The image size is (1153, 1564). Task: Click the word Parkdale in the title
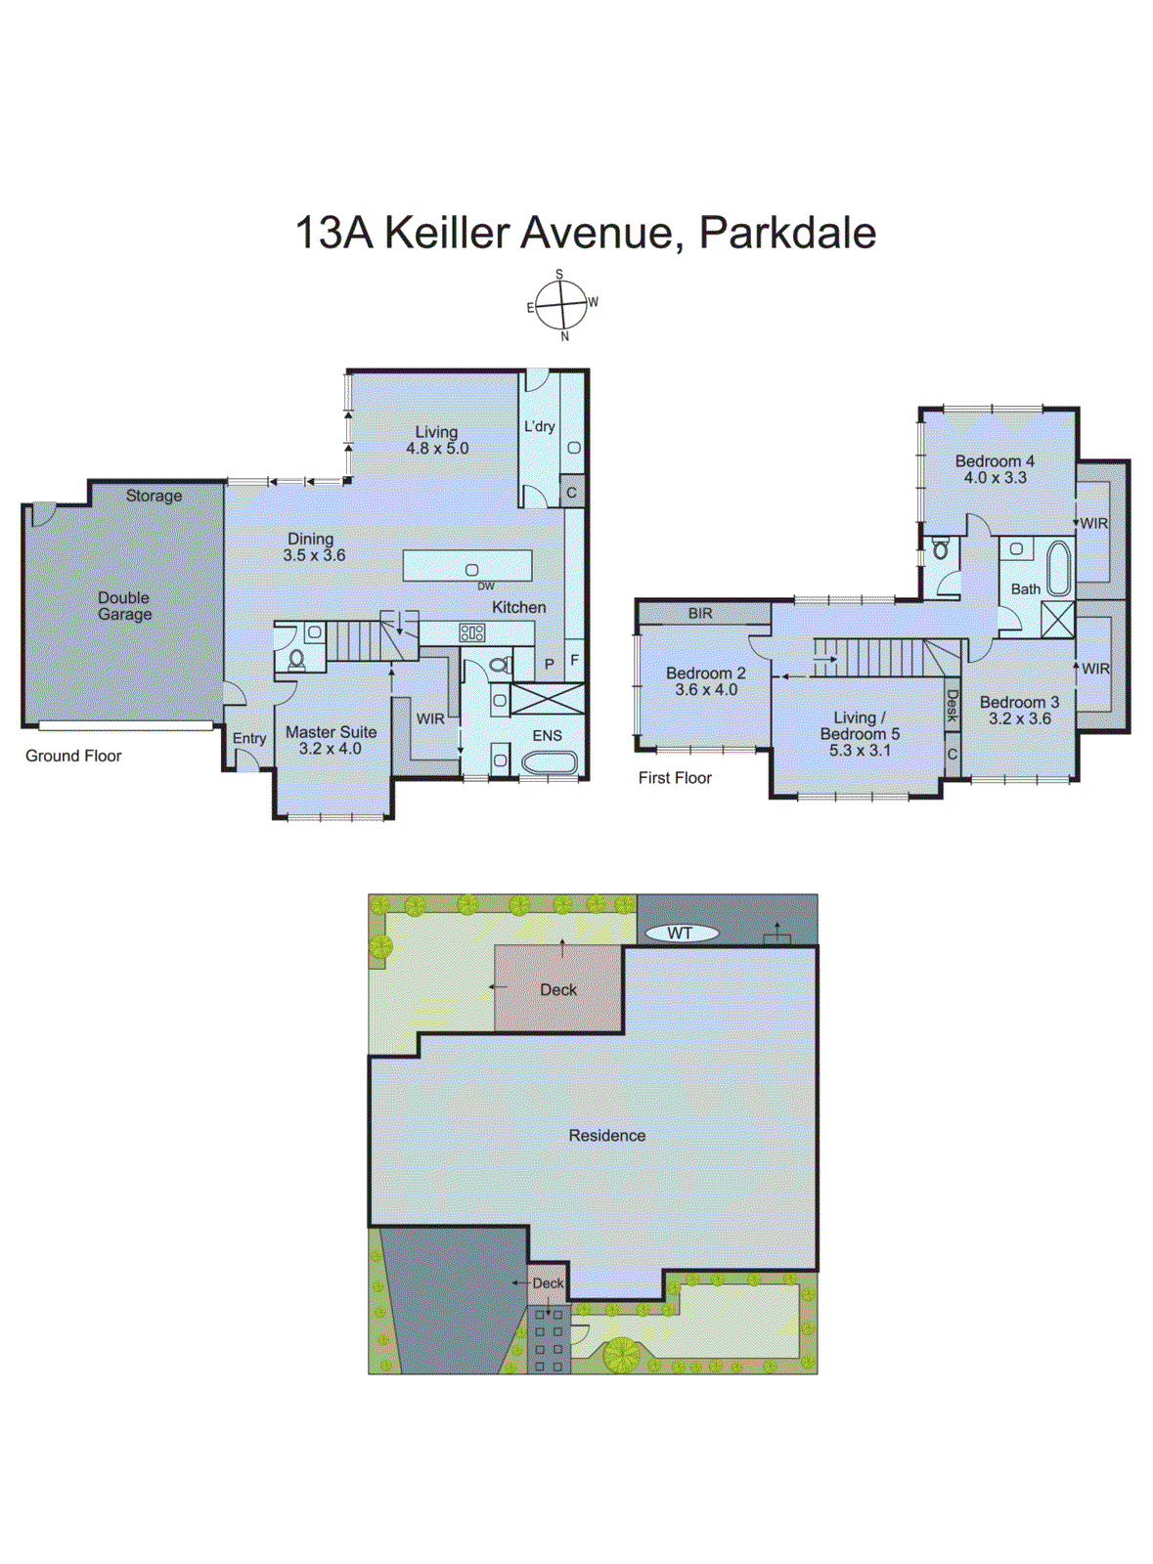tap(787, 233)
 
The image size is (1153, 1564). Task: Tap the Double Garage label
tap(124, 605)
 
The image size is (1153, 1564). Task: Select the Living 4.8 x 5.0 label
tap(437, 440)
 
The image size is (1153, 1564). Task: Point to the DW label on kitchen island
tap(486, 586)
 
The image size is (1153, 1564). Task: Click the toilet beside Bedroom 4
tap(941, 549)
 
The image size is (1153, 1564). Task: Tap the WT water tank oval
tap(681, 934)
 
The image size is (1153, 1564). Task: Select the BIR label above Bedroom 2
tap(700, 614)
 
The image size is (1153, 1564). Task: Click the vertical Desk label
tap(952, 706)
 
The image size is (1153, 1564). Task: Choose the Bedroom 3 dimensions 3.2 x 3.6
tap(1019, 718)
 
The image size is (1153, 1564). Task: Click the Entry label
tap(249, 738)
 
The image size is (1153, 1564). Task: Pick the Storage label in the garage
tap(154, 496)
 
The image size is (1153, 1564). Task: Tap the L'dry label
tap(539, 426)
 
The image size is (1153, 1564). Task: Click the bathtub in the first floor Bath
tap(1058, 569)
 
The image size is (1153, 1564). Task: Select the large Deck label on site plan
tap(558, 989)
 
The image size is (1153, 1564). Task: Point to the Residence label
tap(607, 1135)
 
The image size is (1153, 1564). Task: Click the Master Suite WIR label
tap(430, 718)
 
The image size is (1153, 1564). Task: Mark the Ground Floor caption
tap(73, 756)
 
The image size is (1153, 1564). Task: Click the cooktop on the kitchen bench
tap(471, 633)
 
